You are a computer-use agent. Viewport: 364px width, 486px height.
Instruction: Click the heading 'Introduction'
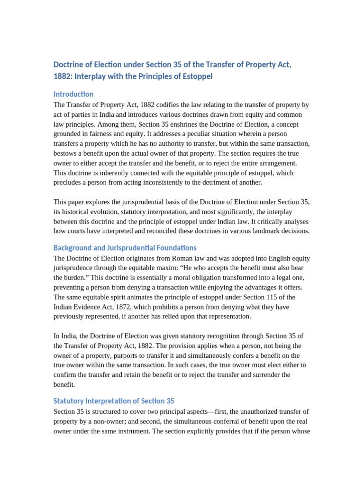tap(73, 94)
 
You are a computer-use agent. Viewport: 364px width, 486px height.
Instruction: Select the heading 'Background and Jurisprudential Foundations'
tap(125, 248)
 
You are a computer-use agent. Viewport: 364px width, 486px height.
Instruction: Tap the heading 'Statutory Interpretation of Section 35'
tap(114, 401)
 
